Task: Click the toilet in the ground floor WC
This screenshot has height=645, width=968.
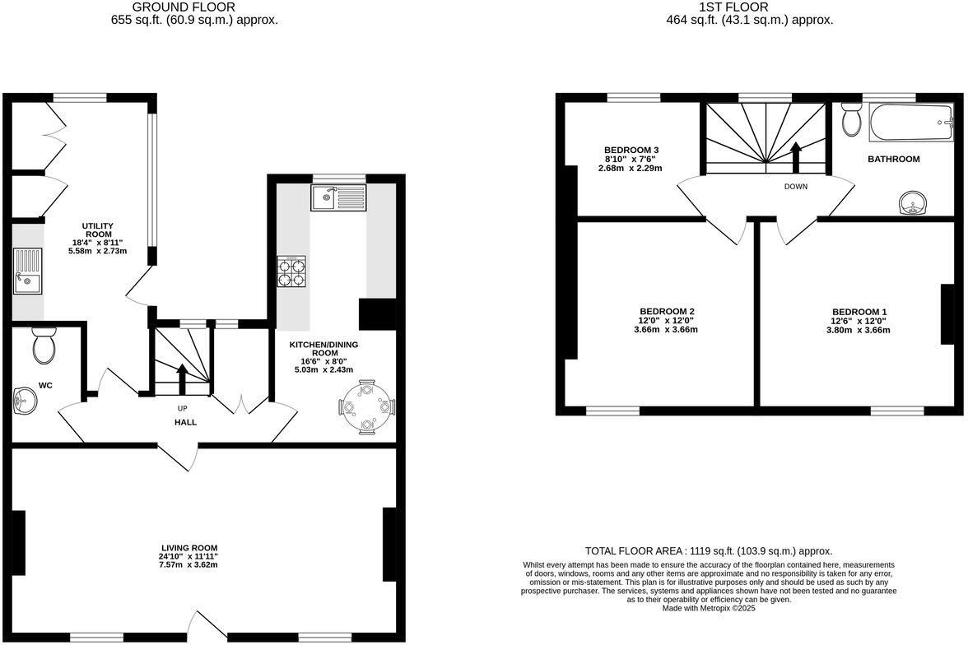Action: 44,345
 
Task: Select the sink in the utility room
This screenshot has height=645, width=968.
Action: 27,272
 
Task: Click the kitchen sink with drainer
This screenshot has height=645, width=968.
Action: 338,197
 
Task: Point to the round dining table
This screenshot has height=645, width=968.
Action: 367,406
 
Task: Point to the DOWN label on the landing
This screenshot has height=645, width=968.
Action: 795,187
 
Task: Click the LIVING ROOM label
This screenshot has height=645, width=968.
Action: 189,547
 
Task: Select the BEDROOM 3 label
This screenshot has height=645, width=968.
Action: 630,150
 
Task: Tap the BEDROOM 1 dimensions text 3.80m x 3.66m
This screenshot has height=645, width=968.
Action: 858,330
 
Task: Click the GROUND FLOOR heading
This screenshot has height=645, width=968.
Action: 193,7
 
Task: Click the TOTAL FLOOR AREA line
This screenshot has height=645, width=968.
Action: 708,550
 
